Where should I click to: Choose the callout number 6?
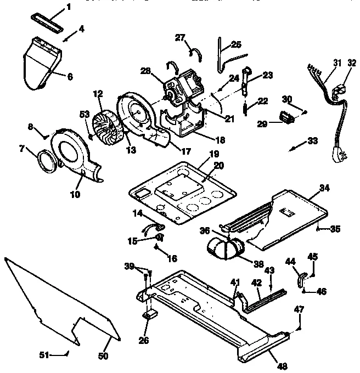[70, 77]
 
